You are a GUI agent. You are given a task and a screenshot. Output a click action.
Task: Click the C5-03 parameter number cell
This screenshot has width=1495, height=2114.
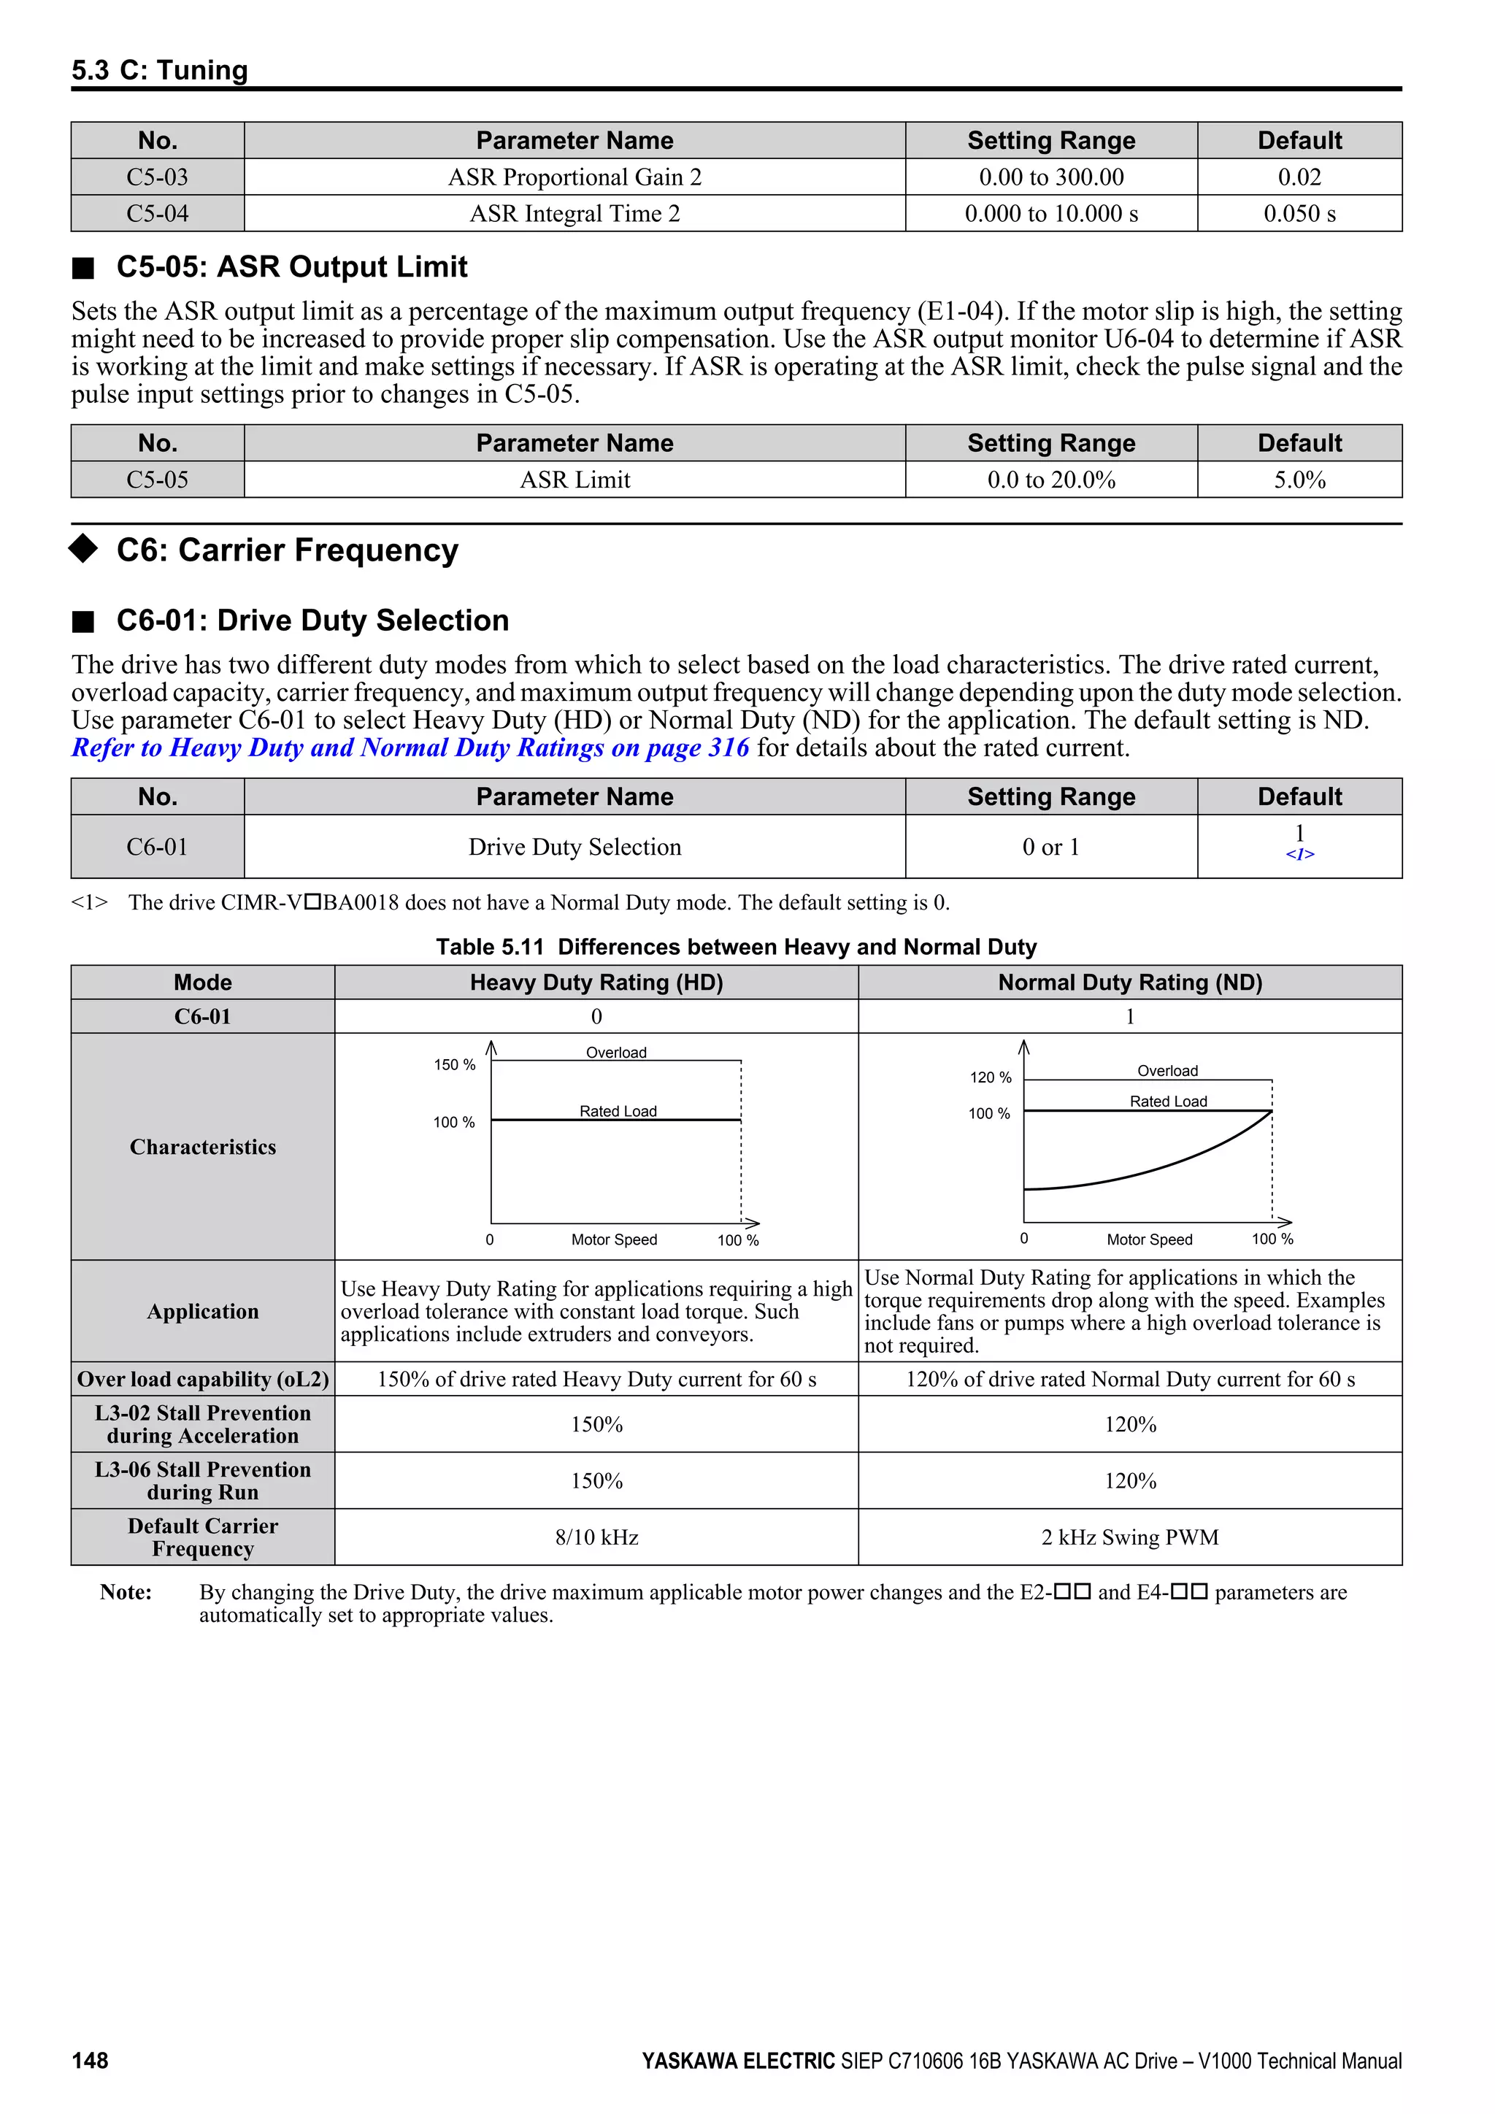158,177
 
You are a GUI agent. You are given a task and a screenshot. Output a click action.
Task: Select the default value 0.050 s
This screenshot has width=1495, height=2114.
1299,214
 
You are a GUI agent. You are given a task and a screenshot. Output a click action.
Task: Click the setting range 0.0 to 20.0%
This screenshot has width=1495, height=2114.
1050,480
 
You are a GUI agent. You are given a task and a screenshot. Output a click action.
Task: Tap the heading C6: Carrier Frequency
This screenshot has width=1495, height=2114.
286,550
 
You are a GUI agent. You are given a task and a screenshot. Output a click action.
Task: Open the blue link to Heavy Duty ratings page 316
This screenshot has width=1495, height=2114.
410,747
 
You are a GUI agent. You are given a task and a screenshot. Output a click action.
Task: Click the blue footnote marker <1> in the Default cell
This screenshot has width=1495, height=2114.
1299,855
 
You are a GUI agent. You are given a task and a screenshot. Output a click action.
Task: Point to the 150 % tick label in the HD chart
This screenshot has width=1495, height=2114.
455,1064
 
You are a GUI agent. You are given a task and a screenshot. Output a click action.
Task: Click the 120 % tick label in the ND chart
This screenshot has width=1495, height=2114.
990,1077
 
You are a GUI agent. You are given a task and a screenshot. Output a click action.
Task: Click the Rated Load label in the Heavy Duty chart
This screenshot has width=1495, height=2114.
618,1111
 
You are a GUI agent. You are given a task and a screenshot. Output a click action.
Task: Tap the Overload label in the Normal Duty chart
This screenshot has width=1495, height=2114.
1167,1071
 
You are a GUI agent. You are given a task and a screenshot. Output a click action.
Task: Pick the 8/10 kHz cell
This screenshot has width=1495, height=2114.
596,1537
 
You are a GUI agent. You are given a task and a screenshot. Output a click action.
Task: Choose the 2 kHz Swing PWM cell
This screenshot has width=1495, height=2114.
1129,1537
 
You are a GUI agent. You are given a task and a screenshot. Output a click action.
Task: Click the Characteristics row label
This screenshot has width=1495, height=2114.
202,1146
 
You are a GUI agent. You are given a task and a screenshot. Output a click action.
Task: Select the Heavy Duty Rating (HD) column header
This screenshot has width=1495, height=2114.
596,983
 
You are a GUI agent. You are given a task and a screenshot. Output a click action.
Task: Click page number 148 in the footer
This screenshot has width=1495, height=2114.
91,2061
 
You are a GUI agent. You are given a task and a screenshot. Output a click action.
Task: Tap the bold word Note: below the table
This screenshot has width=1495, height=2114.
126,1592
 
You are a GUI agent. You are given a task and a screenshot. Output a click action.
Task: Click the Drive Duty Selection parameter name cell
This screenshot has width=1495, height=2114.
574,847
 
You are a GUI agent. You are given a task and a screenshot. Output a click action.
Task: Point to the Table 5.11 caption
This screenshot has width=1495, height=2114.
736,947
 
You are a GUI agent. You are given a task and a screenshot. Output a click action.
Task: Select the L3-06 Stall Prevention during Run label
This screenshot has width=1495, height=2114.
202,1480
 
